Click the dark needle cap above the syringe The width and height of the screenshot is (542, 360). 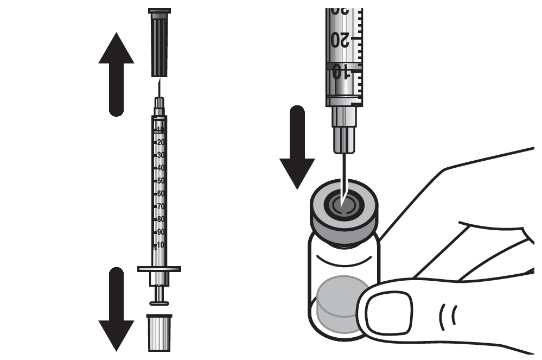pyautogui.click(x=159, y=44)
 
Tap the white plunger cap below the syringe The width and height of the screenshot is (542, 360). pyautogui.click(x=159, y=332)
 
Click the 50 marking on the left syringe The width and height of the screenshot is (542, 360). pyautogui.click(x=161, y=180)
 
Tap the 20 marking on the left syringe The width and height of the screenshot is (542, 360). pyautogui.click(x=161, y=142)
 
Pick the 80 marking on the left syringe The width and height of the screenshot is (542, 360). pyautogui.click(x=161, y=219)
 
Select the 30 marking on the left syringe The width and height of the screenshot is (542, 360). pyautogui.click(x=161, y=155)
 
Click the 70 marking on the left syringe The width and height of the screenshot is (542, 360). pyautogui.click(x=161, y=206)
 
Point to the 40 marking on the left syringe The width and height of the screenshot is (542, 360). pyautogui.click(x=161, y=168)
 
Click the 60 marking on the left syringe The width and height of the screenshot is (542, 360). pyautogui.click(x=161, y=193)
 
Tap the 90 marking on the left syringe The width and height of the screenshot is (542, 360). pyautogui.click(x=161, y=232)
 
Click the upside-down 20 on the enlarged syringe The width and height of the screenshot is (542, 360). pyautogui.click(x=340, y=40)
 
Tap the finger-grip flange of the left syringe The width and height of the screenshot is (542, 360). pyautogui.click(x=159, y=269)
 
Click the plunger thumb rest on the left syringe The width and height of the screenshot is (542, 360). pyautogui.click(x=159, y=303)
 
